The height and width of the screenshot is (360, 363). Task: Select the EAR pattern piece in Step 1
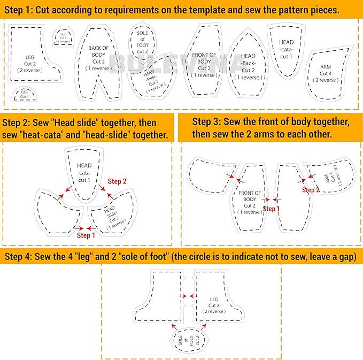(25, 95)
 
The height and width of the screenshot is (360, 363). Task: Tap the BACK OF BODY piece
(98, 59)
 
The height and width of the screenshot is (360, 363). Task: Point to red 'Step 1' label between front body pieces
(272, 209)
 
